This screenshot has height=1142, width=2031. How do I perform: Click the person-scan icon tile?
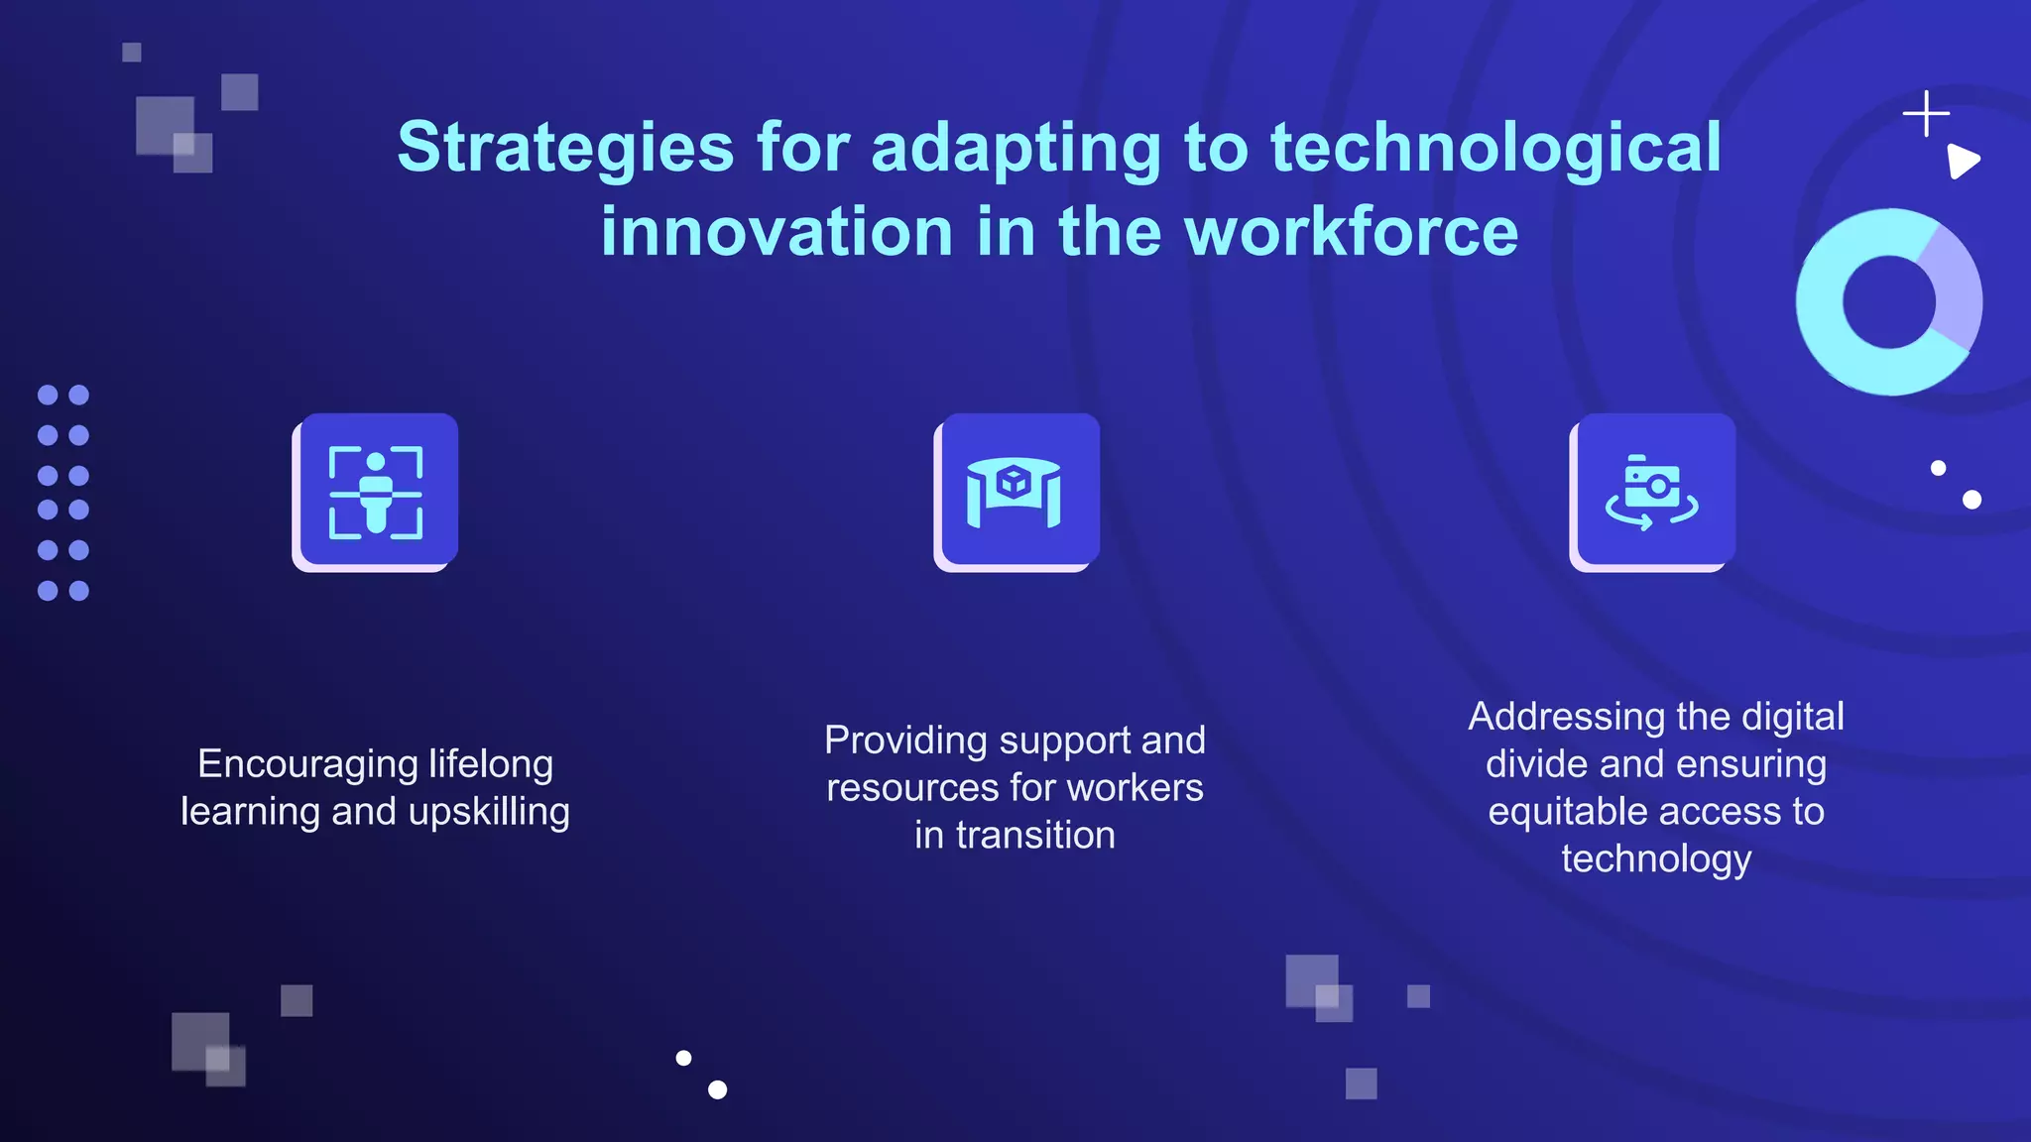376,492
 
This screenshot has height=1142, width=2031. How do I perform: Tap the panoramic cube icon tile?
1016,492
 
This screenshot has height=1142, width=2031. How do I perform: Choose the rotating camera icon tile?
1653,492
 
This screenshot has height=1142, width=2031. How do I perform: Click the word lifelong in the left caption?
491,764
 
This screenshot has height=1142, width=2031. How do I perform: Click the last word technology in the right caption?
1656,859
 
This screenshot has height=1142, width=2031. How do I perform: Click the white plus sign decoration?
1926,114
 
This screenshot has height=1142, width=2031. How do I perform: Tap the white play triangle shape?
1962,161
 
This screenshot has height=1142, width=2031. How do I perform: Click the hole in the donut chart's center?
1888,301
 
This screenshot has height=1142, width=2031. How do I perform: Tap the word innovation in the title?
776,232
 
